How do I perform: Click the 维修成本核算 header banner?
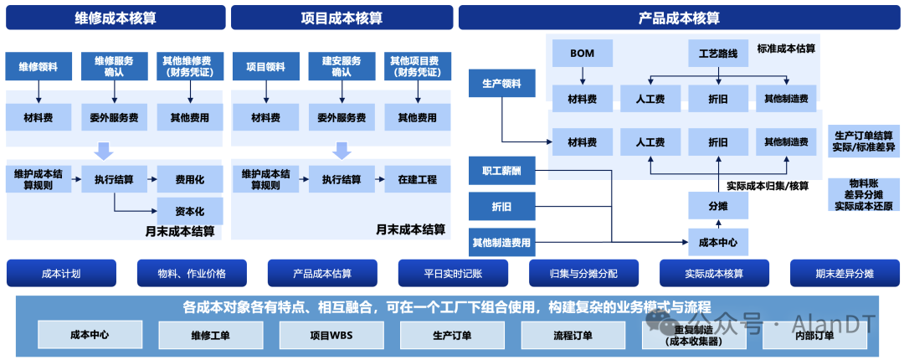[x=116, y=18]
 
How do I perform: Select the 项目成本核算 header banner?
[x=342, y=18]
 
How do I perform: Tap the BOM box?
[x=582, y=54]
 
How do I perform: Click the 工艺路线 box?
[x=717, y=54]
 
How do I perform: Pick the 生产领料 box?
[x=501, y=84]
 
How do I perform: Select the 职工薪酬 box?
[x=501, y=170]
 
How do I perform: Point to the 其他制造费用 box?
[x=501, y=243]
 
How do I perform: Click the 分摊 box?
[x=717, y=206]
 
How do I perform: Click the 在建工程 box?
[x=418, y=179]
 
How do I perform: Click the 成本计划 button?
[x=61, y=273]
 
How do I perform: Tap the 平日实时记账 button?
[x=453, y=273]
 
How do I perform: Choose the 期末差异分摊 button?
[x=845, y=273]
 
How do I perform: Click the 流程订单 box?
[x=573, y=336]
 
